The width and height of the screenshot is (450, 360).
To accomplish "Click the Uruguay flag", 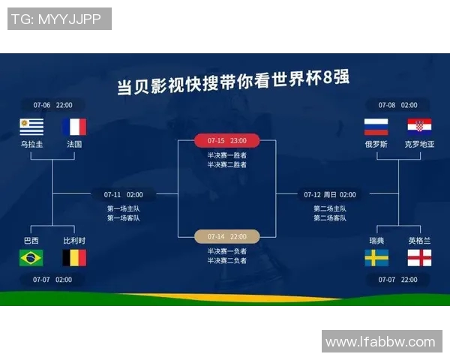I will click(x=31, y=126).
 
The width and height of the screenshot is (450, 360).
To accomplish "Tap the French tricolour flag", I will click(x=74, y=126).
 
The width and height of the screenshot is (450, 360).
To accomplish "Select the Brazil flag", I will click(x=31, y=258).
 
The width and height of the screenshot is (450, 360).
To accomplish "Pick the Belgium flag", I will click(x=74, y=258).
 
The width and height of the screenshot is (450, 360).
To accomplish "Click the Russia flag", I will click(x=376, y=126).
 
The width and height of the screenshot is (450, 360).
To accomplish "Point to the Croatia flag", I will click(x=419, y=126).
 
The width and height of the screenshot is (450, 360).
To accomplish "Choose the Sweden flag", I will click(x=376, y=258).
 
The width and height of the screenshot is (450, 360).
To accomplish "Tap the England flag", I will click(x=419, y=258).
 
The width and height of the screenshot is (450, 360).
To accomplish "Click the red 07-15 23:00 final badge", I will click(x=226, y=140).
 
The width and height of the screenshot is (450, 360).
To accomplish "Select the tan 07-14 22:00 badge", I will click(x=226, y=236).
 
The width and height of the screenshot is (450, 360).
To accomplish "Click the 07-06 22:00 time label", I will click(x=52, y=105).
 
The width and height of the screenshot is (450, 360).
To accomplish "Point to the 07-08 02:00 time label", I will click(x=397, y=105).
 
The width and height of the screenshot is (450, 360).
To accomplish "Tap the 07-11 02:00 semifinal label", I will click(x=123, y=194).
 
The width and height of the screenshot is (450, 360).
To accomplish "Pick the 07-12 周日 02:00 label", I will click(x=330, y=194).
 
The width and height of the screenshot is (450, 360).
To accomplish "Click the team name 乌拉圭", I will click(x=31, y=144).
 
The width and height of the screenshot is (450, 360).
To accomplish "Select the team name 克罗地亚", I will click(x=419, y=144).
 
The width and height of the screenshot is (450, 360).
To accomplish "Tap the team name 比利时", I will click(x=74, y=241).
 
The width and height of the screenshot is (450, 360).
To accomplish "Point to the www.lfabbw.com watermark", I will click(x=380, y=341).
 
